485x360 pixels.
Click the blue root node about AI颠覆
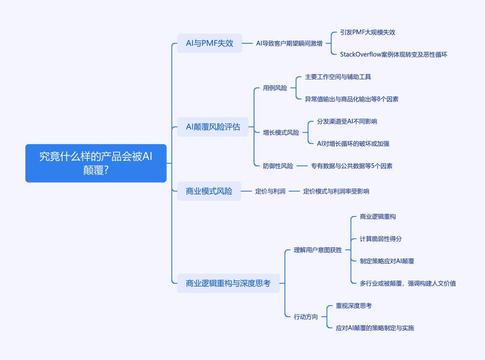[96, 163]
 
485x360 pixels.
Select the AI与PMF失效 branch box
[210, 43]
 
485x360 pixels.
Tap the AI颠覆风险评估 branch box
[213, 127]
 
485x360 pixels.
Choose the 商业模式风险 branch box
[209, 191]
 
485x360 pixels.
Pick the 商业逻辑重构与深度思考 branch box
[228, 283]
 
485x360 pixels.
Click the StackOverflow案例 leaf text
[393, 54]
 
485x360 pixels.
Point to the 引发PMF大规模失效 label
[368, 32]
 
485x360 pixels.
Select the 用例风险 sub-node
[275, 88]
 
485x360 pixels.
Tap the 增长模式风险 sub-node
[281, 132]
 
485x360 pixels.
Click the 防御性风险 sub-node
[278, 166]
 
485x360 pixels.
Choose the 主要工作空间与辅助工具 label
[338, 77]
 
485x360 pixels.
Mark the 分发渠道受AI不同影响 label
[347, 121]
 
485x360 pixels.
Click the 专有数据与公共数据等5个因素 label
[351, 166]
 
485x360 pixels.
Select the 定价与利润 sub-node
[270, 191]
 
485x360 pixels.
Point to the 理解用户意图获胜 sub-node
[317, 250]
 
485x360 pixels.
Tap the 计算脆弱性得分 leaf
[380, 239]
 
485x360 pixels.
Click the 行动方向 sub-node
[305, 317]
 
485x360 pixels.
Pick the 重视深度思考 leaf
[353, 306]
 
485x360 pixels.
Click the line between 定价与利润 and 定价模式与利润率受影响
[294, 191]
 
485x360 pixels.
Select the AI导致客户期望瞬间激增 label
[289, 43]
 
